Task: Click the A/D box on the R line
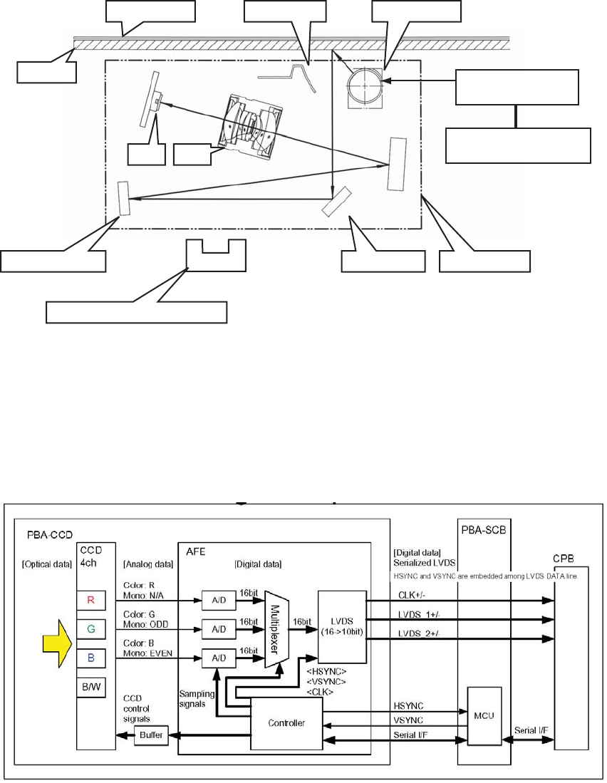coord(217,601)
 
